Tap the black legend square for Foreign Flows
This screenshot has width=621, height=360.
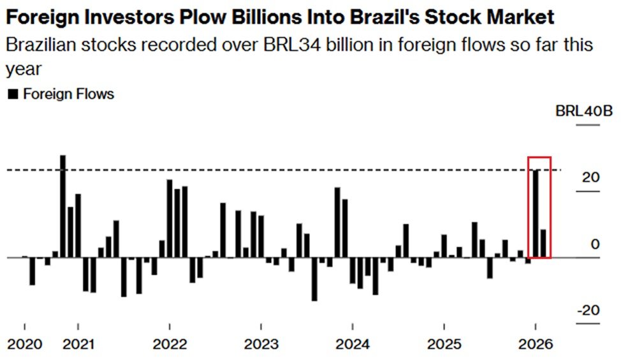coord(12,94)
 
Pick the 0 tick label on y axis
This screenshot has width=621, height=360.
coord(595,245)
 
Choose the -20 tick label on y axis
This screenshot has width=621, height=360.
coord(588,310)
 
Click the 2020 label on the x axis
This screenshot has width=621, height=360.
coord(24,345)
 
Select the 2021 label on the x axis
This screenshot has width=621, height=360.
coord(78,345)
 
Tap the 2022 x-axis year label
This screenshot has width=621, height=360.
coord(170,345)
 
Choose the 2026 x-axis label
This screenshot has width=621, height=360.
coord(536,345)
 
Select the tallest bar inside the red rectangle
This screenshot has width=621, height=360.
coord(536,213)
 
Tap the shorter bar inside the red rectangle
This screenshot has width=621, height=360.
coord(543,243)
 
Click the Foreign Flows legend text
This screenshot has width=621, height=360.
coord(68,94)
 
